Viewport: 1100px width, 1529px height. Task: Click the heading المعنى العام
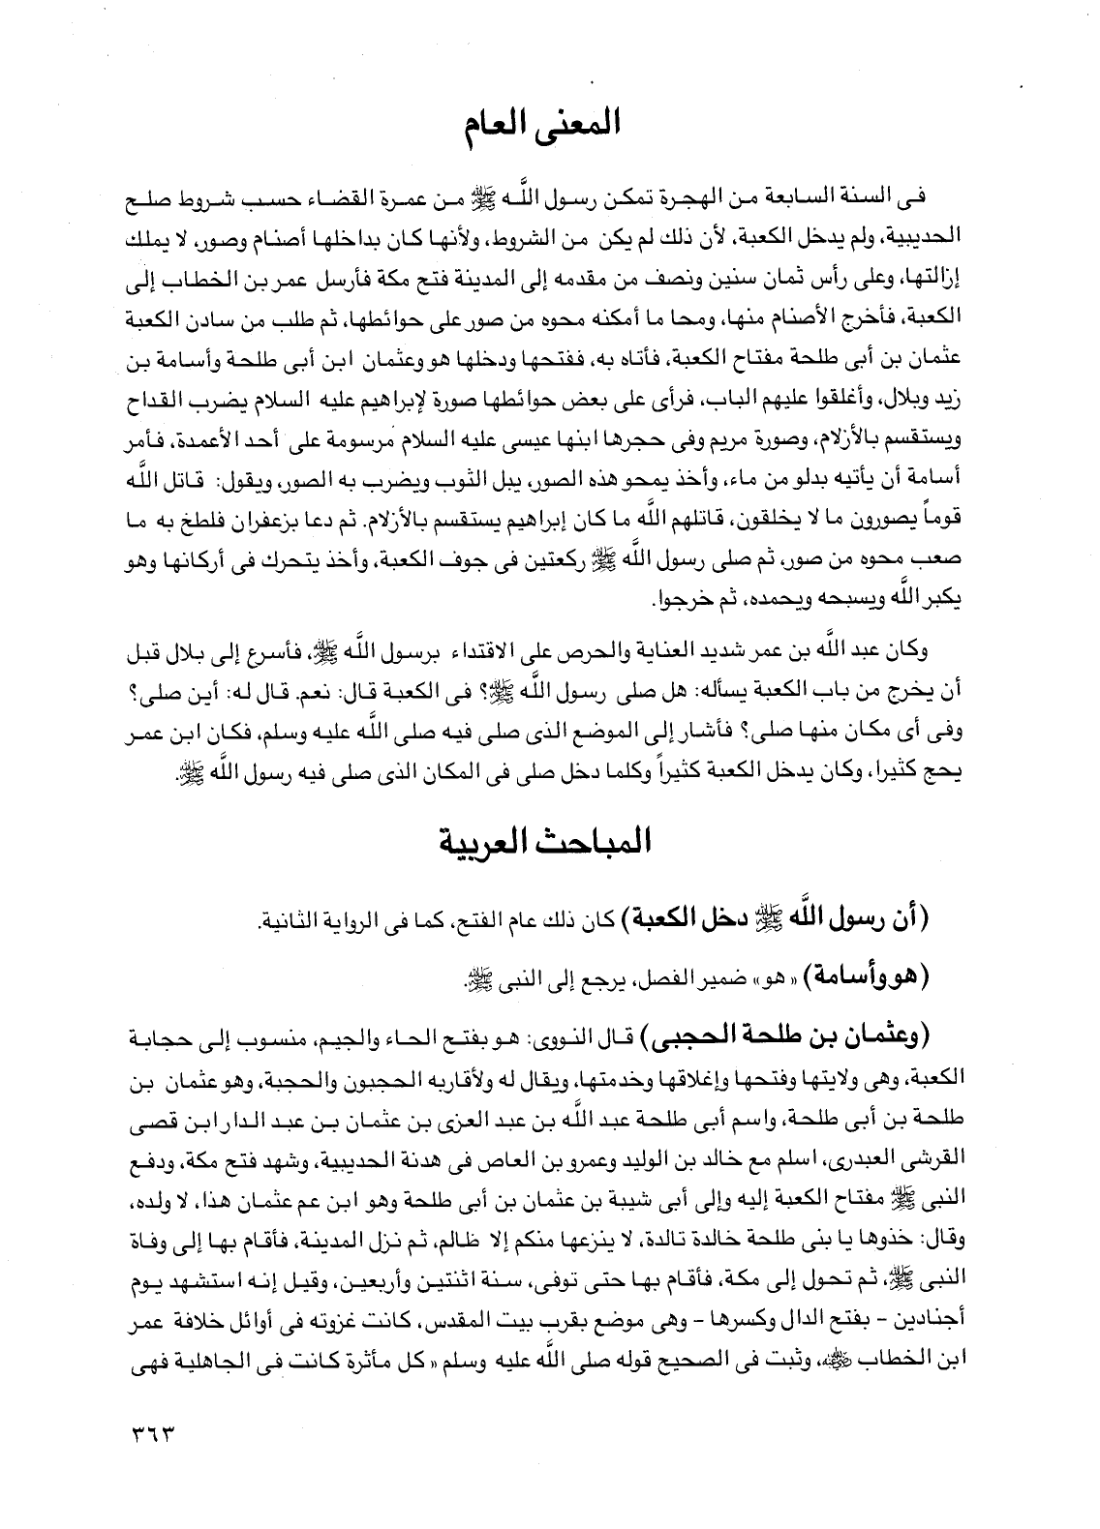click(550, 126)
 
